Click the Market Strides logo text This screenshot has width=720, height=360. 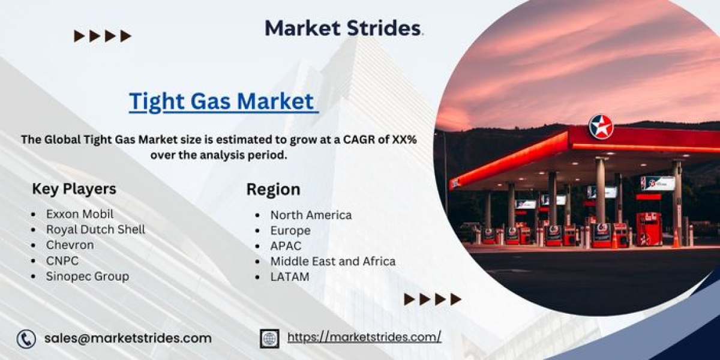point(344,28)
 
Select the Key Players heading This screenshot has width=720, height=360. point(74,189)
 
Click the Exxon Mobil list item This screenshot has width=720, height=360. point(80,214)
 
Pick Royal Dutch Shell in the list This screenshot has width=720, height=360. point(95,229)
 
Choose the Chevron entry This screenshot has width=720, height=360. point(70,245)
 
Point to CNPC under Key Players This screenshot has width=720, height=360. point(62,260)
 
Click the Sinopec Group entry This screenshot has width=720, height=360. point(88,277)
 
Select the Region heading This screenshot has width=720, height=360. point(273,190)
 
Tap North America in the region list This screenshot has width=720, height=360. point(311,215)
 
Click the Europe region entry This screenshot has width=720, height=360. point(290,231)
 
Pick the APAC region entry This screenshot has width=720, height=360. point(286,246)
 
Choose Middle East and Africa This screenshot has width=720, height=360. point(332,262)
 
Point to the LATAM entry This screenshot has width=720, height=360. point(290,277)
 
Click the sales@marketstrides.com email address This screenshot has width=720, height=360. point(128,338)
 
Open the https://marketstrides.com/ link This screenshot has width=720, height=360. point(364,337)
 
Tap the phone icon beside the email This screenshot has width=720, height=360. point(26,339)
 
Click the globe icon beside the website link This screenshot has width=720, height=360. point(269,338)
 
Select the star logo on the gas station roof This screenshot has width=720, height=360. point(601,127)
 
